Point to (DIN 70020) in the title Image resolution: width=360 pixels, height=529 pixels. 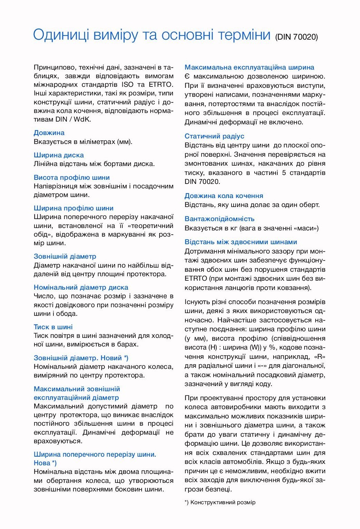point(297,37)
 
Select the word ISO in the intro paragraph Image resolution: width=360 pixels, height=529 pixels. point(127,85)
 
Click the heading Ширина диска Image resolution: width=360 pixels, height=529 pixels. point(59,155)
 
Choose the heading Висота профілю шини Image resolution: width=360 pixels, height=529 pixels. point(72,177)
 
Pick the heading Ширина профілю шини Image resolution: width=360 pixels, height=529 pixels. point(73,208)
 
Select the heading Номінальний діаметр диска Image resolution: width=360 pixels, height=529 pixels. point(81,287)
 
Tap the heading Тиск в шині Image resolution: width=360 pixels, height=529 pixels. point(53,327)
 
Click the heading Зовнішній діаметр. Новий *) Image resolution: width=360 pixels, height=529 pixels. point(81,358)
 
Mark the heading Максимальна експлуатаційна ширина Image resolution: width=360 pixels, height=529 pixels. point(249,67)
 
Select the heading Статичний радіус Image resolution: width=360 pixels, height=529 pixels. point(214,136)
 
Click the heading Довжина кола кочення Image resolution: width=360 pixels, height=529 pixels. point(224,196)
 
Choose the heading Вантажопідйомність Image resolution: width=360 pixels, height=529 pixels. point(219,219)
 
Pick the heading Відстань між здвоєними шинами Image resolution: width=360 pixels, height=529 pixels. point(241,242)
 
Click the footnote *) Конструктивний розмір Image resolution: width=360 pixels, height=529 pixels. point(220,502)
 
